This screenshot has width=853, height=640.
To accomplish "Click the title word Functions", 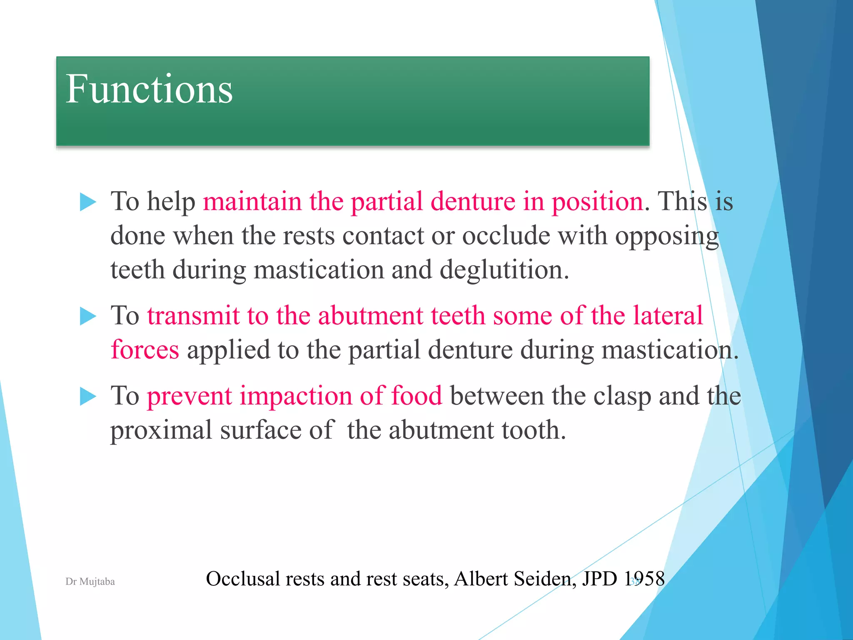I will (x=149, y=89).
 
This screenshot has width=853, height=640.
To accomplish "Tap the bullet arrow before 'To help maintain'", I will (x=87, y=202).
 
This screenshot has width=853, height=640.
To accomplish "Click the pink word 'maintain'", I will (x=252, y=202).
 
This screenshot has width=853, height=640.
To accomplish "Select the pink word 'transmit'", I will (x=193, y=315).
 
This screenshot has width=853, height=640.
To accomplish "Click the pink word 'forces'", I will (x=145, y=350).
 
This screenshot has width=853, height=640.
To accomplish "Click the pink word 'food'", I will (x=416, y=396).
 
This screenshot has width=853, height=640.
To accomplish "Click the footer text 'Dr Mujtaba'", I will (x=90, y=582).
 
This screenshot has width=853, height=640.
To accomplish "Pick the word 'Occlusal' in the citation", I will (x=243, y=579).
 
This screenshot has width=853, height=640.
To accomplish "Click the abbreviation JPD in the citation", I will (x=599, y=579).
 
